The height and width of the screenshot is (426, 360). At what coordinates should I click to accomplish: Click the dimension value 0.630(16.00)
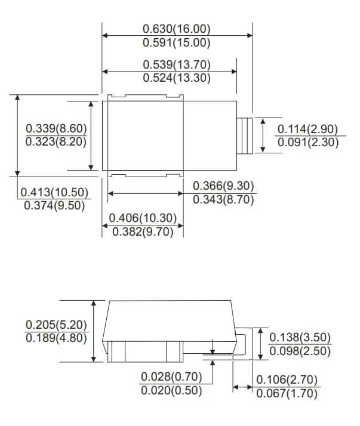point(177,29)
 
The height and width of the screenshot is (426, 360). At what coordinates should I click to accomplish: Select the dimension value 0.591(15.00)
point(177,42)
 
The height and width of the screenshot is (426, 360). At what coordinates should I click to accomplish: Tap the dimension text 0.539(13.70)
point(177,64)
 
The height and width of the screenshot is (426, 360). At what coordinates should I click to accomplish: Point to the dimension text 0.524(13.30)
point(177,78)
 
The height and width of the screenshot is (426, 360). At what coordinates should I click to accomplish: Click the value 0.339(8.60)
point(57,129)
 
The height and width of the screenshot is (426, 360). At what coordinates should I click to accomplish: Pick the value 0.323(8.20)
point(57,142)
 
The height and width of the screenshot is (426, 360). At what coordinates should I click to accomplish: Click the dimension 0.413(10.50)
point(54,192)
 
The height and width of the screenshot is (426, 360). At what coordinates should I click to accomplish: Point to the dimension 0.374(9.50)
point(54,205)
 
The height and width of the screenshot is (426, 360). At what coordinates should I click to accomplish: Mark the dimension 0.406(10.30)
point(143,219)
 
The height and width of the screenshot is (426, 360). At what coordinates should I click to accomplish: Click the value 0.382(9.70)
point(143,232)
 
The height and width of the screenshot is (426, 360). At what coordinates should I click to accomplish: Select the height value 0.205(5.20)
point(57,325)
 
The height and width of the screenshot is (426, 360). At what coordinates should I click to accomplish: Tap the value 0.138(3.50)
point(300,338)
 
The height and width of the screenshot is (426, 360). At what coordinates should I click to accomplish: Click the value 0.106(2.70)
point(287,380)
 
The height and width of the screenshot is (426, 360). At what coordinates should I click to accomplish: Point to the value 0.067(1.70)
point(287,393)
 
